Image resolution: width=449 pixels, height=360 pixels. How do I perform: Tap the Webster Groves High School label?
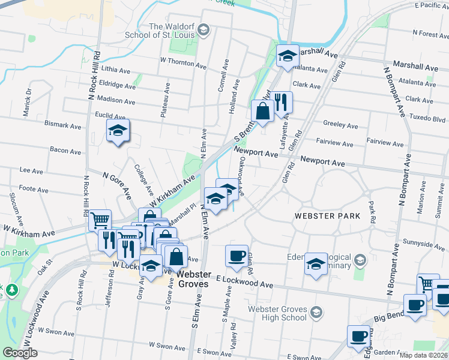[x=277, y=313]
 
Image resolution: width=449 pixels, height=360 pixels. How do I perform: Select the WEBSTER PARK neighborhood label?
[x=327, y=215]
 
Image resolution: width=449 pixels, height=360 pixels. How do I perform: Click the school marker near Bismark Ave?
[x=118, y=130]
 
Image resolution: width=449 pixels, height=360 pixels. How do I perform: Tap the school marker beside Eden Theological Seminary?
[x=316, y=263]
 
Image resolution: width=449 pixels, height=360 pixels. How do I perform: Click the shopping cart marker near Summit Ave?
[x=428, y=284]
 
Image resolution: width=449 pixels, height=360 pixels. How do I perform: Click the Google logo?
[x=19, y=353]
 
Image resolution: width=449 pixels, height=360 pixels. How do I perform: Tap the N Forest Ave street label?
[x=427, y=34]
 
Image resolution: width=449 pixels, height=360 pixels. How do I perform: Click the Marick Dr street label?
[x=28, y=104]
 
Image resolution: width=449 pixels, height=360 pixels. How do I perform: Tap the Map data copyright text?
[x=424, y=355]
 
